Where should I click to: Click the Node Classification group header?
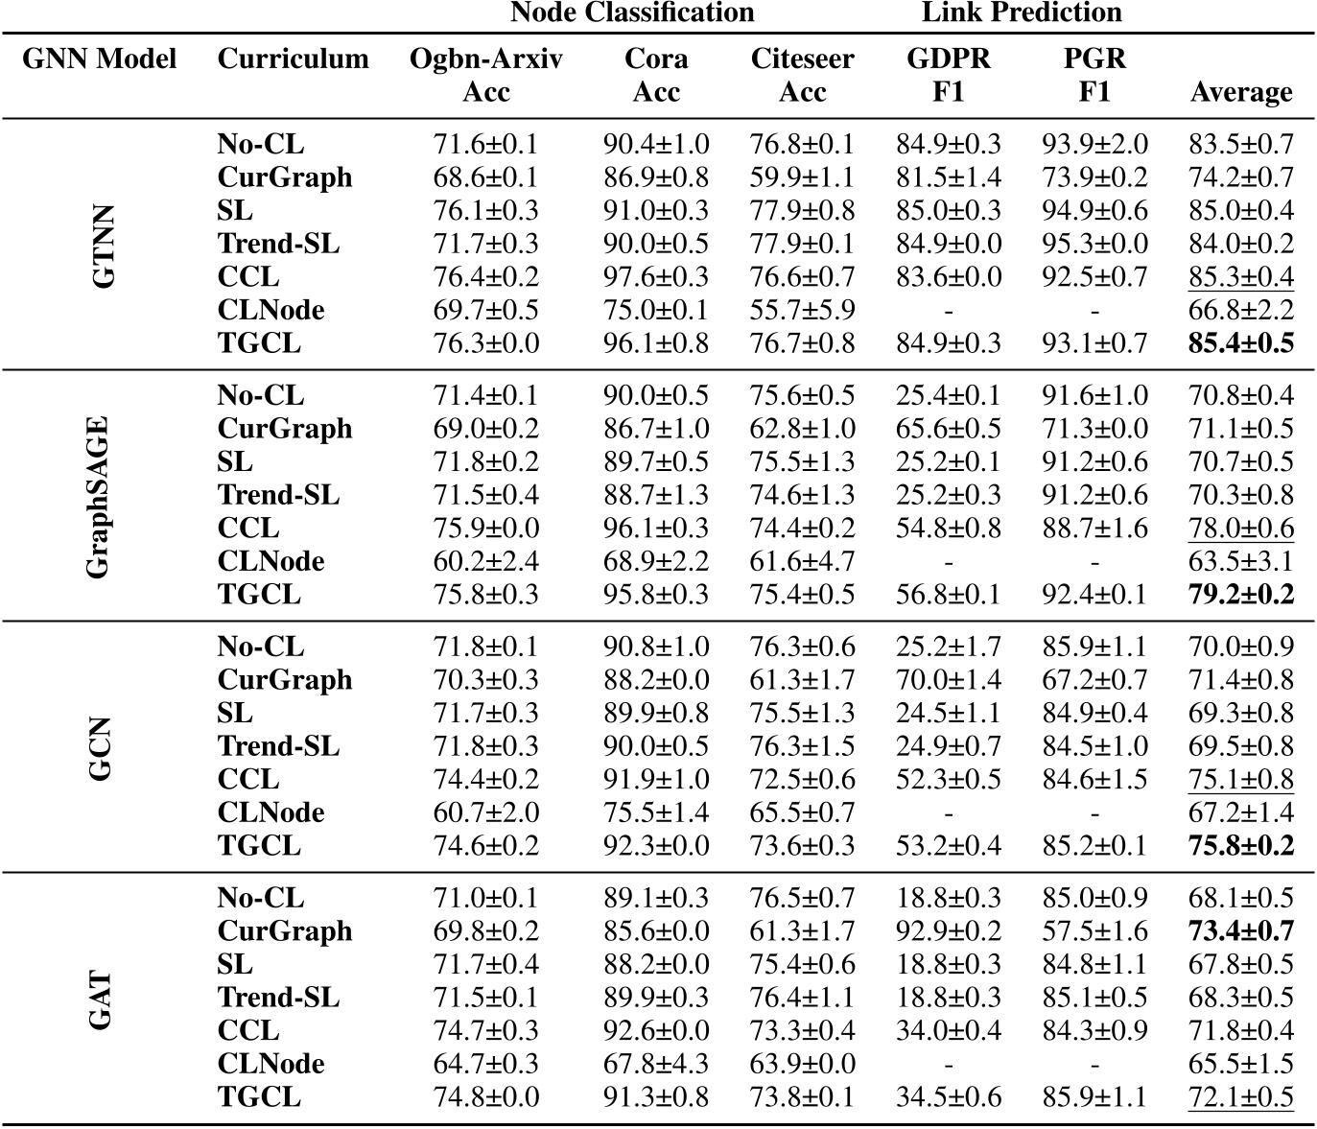[x=632, y=12]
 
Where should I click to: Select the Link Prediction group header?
[x=1022, y=12]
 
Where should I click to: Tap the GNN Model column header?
[x=100, y=59]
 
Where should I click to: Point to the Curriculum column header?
[x=293, y=59]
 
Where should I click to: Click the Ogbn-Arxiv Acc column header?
[x=486, y=75]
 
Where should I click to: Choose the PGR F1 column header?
[x=1094, y=75]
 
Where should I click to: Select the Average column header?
[x=1241, y=92]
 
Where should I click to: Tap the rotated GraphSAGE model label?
[x=99, y=496]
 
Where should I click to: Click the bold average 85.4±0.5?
[x=1241, y=343]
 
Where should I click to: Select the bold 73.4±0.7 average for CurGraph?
[x=1241, y=930]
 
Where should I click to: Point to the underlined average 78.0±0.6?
[x=1241, y=529]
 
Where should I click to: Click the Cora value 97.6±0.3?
[x=656, y=277]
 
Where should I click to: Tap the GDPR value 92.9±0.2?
[x=949, y=930]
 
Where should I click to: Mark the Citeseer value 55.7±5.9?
[x=802, y=310]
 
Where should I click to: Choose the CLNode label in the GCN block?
[x=271, y=812]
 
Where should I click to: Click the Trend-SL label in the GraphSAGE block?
[x=278, y=495]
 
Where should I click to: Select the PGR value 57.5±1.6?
[x=1094, y=930]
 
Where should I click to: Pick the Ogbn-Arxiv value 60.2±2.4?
[x=486, y=561]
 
